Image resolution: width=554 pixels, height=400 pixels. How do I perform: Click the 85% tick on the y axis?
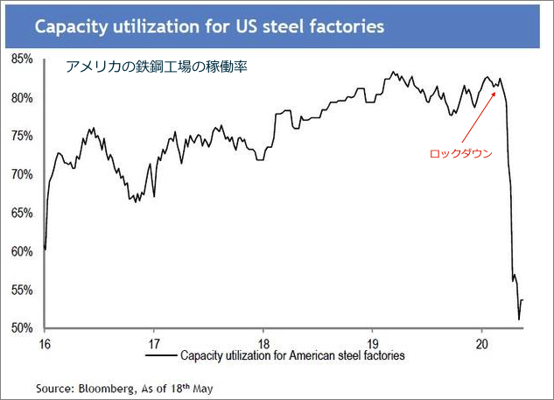point(23,60)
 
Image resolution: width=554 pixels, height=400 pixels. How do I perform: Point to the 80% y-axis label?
point(23,98)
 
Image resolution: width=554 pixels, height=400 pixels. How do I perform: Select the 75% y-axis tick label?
point(23,137)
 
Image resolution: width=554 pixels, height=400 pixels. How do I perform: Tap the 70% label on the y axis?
point(23,175)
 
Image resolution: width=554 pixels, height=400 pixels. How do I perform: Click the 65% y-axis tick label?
point(23,213)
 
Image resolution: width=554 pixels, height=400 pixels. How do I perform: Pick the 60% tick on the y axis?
point(23,251)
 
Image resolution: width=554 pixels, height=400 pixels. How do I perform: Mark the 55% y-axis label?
point(23,290)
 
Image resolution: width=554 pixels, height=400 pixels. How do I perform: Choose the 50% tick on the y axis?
point(23,328)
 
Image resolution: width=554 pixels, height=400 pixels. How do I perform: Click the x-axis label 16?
point(44,342)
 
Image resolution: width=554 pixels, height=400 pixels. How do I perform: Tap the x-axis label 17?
point(154,342)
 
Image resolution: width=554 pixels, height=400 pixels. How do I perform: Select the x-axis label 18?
point(263,342)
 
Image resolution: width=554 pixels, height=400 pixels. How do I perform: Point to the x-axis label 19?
point(373,342)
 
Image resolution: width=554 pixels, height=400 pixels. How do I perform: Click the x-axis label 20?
point(482,342)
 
